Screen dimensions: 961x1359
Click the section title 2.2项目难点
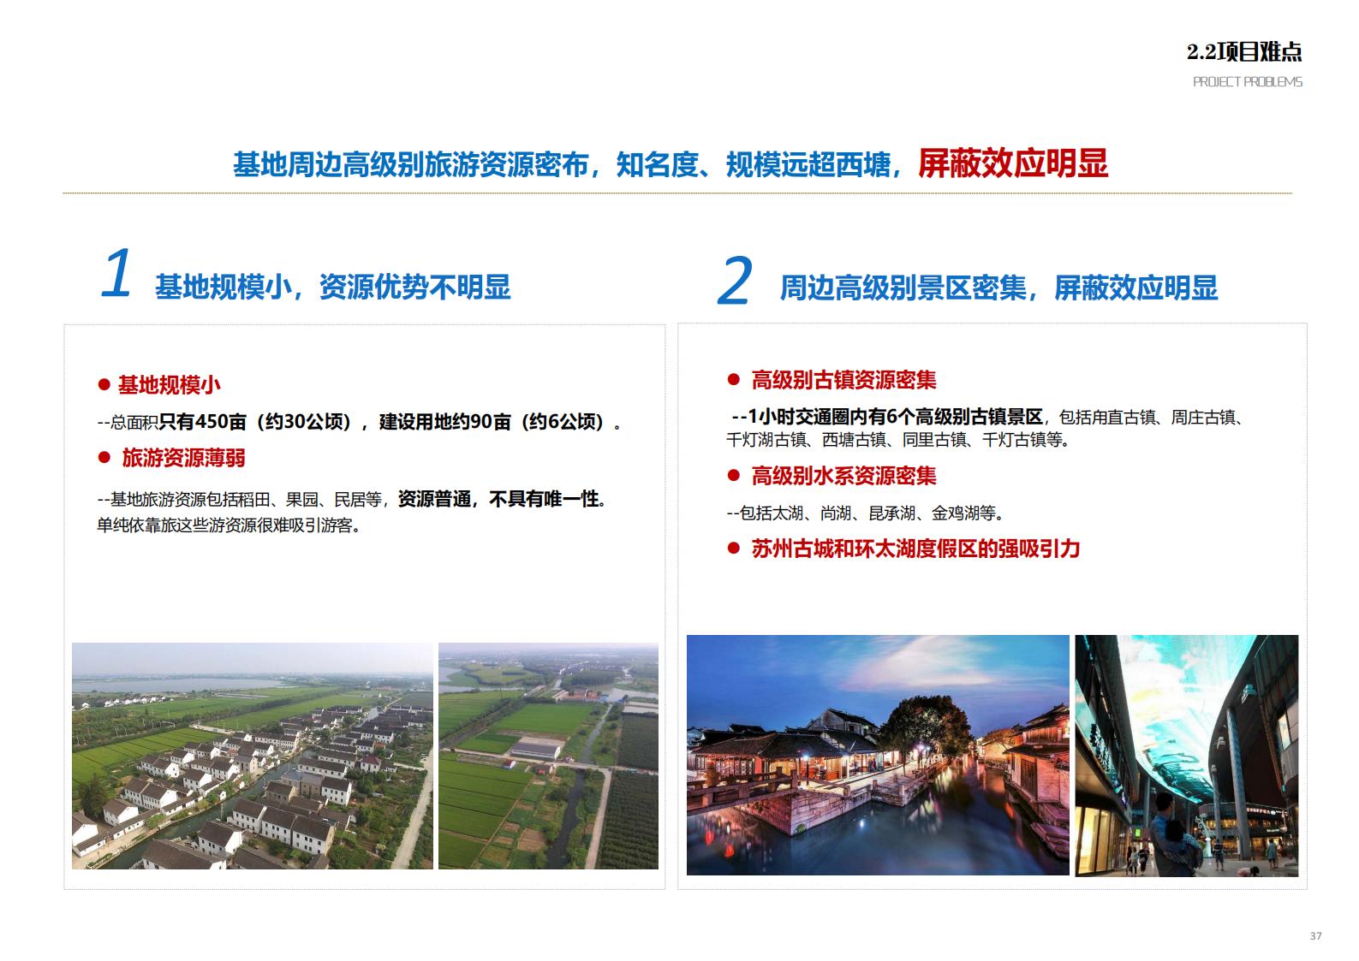click(x=1243, y=52)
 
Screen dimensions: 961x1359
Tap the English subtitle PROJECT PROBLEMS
click(x=1247, y=82)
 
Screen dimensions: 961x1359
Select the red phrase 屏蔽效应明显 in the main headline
click(x=1012, y=163)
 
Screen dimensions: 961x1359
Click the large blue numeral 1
click(x=116, y=275)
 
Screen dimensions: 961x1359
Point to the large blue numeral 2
click(x=734, y=282)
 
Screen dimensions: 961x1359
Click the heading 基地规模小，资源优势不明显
click(x=332, y=288)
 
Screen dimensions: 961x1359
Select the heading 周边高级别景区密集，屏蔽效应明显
click(x=998, y=288)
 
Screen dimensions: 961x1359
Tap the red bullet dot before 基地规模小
click(x=104, y=386)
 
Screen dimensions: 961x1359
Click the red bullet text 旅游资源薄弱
click(x=183, y=458)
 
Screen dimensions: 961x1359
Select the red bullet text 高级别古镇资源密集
click(x=843, y=380)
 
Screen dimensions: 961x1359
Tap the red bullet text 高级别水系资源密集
click(x=843, y=476)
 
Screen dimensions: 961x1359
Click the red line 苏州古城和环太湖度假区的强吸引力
click(x=915, y=549)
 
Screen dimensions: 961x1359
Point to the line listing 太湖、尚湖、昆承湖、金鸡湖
click(x=865, y=513)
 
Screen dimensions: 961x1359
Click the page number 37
click(x=1315, y=936)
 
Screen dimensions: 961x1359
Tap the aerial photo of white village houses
click(x=253, y=756)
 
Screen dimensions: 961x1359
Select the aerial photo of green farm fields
click(x=548, y=756)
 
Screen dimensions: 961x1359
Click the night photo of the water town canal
click(x=878, y=755)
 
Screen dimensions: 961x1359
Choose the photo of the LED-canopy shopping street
click(x=1186, y=755)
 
